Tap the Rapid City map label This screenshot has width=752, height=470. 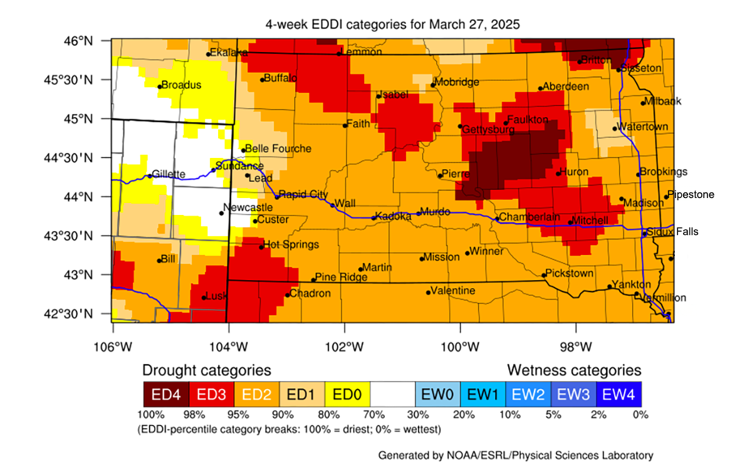303,194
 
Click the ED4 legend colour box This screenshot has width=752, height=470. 165,394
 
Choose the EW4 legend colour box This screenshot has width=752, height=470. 619,394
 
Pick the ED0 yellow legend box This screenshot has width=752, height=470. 347,394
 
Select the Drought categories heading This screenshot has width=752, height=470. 207,370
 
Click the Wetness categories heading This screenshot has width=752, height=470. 574,370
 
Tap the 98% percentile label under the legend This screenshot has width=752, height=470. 189,414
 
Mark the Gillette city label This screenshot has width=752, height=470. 169,174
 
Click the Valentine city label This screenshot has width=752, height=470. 454,291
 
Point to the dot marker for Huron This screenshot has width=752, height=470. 558,174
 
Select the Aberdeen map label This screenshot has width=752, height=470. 566,86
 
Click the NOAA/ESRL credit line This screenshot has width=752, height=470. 515,455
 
